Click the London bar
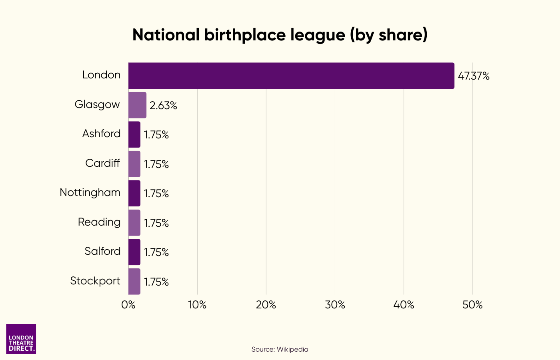pyautogui.click(x=291, y=76)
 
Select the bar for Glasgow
pyautogui.click(x=137, y=105)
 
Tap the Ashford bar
pyautogui.click(x=134, y=134)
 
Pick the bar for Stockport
pyautogui.click(x=134, y=282)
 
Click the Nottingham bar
pyautogui.click(x=134, y=193)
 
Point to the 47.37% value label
pyautogui.click(x=474, y=76)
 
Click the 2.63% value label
pyautogui.click(x=163, y=106)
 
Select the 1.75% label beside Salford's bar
pyautogui.click(x=156, y=252)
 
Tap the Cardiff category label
pyautogui.click(x=102, y=163)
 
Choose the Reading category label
pyautogui.click(x=99, y=222)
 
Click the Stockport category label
pyautogui.click(x=95, y=281)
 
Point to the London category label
pyautogui.click(x=101, y=75)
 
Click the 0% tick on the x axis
pyautogui.click(x=128, y=305)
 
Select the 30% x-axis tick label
pyautogui.click(x=335, y=305)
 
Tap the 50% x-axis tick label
pyautogui.click(x=472, y=305)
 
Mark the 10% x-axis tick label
pyautogui.click(x=197, y=305)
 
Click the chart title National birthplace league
pyautogui.click(x=280, y=35)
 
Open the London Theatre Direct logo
pyautogui.click(x=21, y=339)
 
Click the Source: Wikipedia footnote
pyautogui.click(x=280, y=349)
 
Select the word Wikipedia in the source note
pyautogui.click(x=292, y=349)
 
